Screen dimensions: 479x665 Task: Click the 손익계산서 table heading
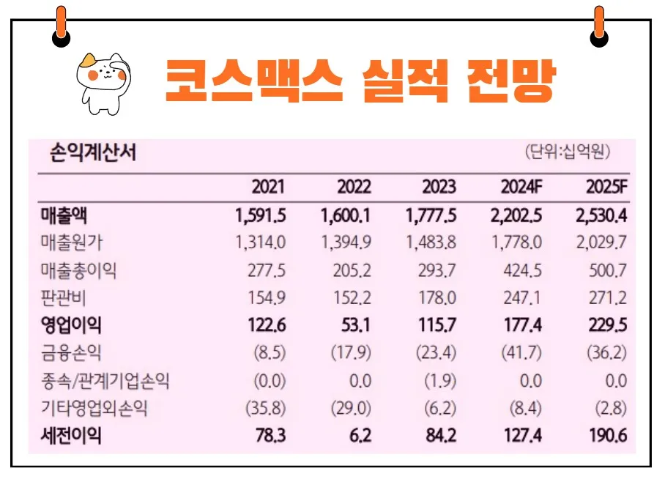click(92, 154)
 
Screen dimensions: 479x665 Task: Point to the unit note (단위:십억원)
click(568, 152)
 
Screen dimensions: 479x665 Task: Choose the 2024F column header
click(521, 187)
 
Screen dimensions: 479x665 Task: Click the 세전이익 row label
click(71, 437)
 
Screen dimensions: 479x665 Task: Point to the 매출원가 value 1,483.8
click(431, 243)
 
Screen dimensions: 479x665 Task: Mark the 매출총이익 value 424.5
click(523, 271)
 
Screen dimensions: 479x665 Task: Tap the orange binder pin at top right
click(599, 26)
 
